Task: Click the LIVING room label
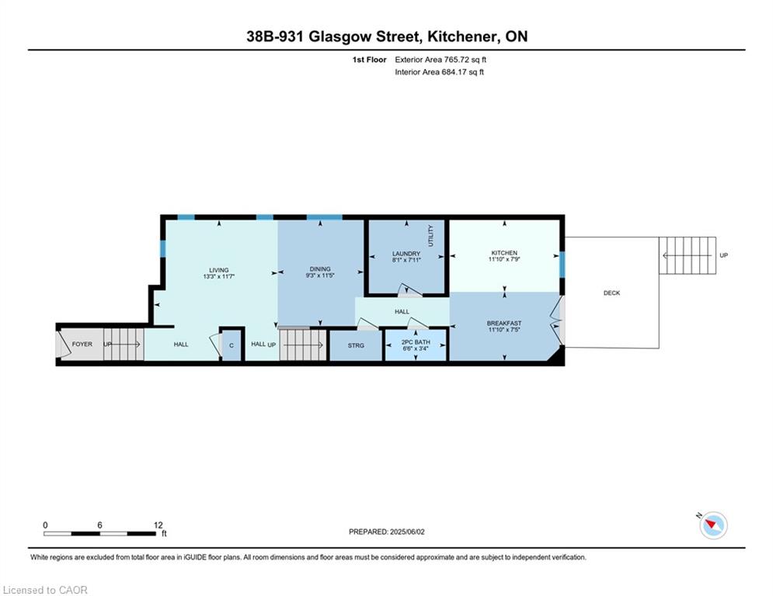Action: coord(219,270)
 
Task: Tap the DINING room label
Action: coord(320,269)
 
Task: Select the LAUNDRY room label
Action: coord(406,254)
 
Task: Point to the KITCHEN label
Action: coord(504,253)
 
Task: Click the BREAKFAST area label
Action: coord(504,323)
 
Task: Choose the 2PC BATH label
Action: coord(416,341)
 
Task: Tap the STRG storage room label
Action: coord(356,346)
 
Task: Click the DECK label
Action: coord(611,293)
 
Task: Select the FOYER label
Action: coord(82,345)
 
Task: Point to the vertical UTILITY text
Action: coord(431,236)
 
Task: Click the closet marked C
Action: coord(232,345)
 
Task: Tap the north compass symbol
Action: coord(713,525)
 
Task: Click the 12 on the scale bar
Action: coord(158,525)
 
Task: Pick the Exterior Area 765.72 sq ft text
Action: coord(440,60)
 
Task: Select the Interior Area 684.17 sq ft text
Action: coord(439,72)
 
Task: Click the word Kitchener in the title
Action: coord(463,36)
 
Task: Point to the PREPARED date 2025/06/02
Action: coord(387,532)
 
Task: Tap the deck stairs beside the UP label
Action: coord(688,255)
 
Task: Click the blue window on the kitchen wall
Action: coord(562,265)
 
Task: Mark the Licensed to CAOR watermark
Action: coord(45,590)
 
